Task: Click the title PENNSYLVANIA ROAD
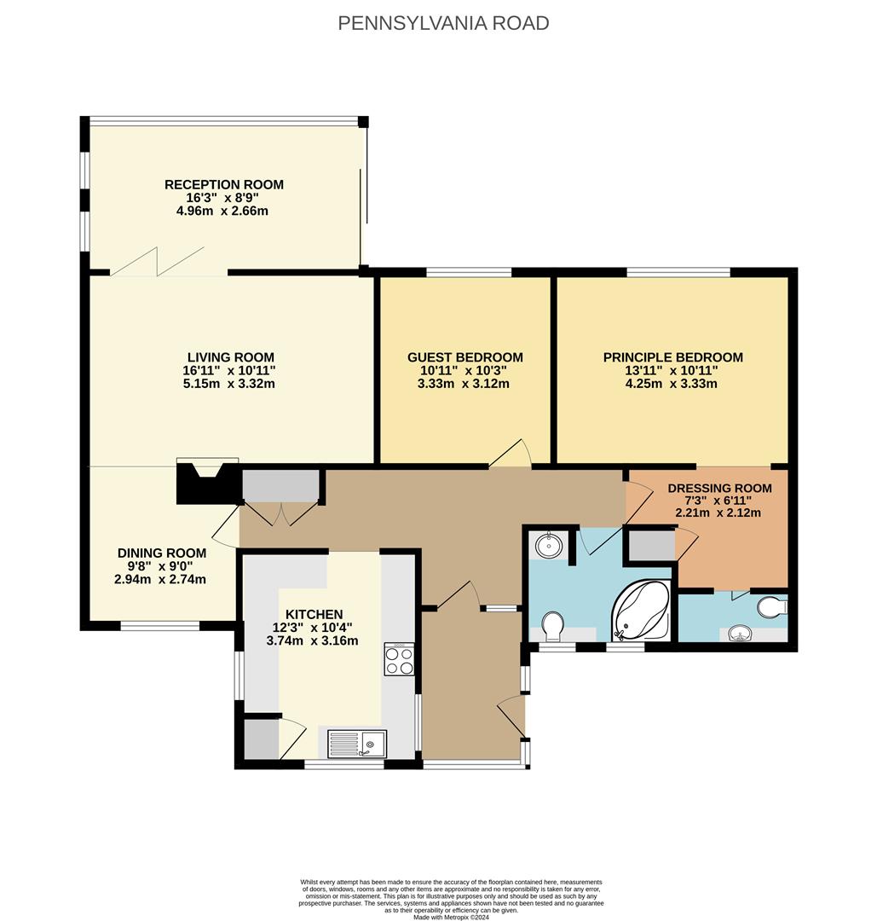point(443,23)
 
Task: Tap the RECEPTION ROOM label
point(223,185)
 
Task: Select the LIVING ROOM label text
point(230,357)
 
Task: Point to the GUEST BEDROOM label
point(464,357)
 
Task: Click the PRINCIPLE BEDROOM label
point(672,357)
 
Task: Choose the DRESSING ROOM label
point(719,489)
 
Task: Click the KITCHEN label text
point(314,614)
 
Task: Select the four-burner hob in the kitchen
point(399,659)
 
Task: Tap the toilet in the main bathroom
point(552,625)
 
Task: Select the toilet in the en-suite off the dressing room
point(771,606)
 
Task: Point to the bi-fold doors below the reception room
point(160,261)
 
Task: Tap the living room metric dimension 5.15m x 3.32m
point(229,384)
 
